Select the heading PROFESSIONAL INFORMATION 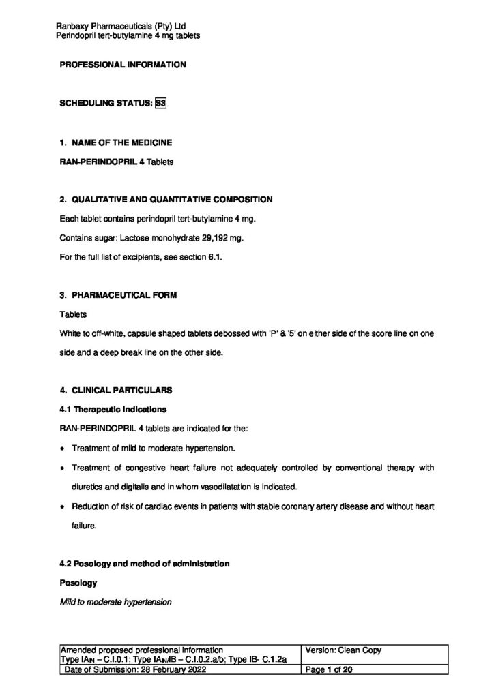123,65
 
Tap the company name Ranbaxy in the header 73,27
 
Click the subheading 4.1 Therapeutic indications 113,410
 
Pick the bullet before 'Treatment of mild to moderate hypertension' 63,449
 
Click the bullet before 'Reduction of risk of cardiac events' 63,507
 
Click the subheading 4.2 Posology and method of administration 145,564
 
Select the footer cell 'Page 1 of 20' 331,671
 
